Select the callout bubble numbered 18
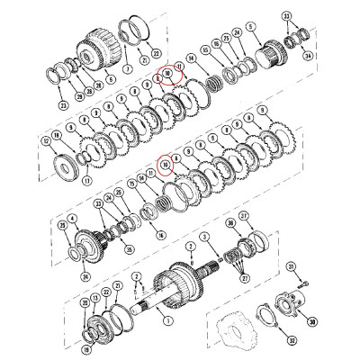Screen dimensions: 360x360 pos(58,134)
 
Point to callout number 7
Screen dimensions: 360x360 pos(128,67)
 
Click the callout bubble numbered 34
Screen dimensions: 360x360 pos(308,55)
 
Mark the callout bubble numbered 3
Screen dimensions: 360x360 pos(205,236)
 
